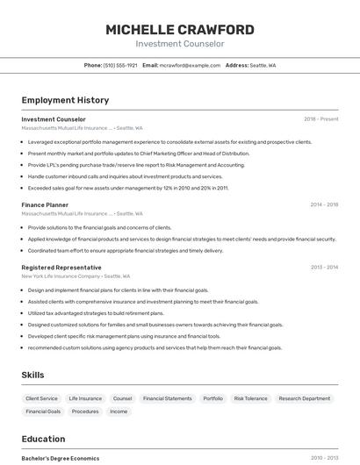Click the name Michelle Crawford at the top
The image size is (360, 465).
click(x=180, y=30)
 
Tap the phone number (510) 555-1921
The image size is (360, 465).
click(x=120, y=65)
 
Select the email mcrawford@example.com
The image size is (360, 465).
click(x=191, y=65)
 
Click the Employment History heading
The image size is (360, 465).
click(x=65, y=100)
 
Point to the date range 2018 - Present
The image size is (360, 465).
click(x=320, y=119)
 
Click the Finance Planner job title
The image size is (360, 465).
click(x=45, y=204)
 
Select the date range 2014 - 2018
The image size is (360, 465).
click(x=324, y=204)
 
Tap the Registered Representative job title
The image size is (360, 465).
click(x=61, y=267)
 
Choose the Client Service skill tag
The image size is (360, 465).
click(x=42, y=398)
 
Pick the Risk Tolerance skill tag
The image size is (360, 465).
click(x=250, y=398)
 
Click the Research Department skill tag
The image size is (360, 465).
click(x=305, y=398)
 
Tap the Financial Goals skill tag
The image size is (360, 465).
click(x=43, y=411)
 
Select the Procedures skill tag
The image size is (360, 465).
click(x=85, y=411)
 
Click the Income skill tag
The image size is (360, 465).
click(x=119, y=411)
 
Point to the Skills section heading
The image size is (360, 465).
click(x=32, y=375)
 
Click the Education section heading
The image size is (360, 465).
click(x=43, y=439)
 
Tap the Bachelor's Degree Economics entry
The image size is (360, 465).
click(x=60, y=458)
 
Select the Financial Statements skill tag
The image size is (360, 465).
click(x=167, y=398)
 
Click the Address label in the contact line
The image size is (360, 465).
click(x=237, y=65)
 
